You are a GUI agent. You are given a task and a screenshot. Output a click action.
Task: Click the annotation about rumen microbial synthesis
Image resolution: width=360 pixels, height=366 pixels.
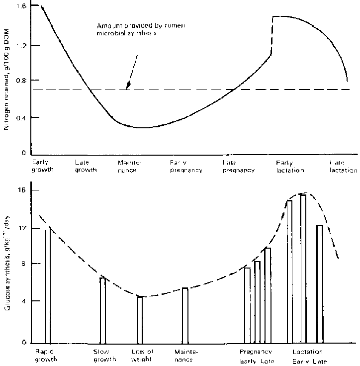coord(142,28)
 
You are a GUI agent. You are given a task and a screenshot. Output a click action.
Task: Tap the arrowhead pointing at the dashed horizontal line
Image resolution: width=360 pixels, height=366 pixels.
coord(128,87)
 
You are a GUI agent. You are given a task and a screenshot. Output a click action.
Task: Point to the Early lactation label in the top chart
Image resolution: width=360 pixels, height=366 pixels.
coord(290,166)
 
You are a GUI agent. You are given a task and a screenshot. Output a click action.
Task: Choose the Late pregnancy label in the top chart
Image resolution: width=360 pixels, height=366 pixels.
coord(239,166)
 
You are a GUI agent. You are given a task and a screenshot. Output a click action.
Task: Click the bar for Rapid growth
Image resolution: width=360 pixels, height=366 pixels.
coord(48,286)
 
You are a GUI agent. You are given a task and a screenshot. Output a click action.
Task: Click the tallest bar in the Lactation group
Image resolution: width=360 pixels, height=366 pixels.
coord(303,269)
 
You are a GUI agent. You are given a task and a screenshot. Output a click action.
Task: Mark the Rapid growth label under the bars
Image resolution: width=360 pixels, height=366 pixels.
coord(46,355)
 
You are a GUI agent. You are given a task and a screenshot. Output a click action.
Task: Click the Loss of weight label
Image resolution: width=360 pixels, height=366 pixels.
coord(143,355)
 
